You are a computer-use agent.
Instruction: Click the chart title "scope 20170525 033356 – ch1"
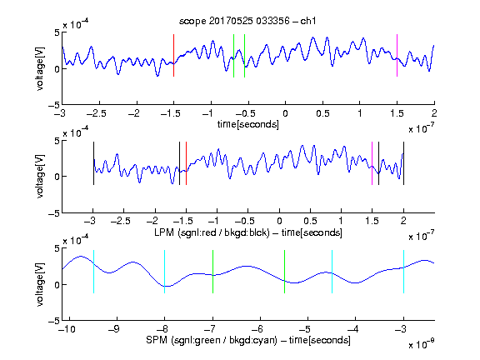pos(247,21)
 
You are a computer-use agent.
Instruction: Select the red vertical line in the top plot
pos(174,55)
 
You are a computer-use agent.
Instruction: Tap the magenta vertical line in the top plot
pos(397,55)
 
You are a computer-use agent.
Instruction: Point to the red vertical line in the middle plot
pos(186,163)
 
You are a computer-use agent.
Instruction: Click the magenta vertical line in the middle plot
pos(372,163)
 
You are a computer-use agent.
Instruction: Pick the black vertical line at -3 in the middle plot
pos(93,163)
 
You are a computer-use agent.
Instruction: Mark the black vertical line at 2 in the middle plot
pos(403,163)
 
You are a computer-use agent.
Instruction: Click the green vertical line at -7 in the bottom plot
pos(212,272)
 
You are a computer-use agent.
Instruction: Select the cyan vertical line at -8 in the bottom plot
pos(165,272)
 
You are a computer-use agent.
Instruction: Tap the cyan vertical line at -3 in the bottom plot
pos(403,272)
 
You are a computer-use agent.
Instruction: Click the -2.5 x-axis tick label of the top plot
pos(97,113)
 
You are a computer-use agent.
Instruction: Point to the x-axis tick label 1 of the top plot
pos(360,113)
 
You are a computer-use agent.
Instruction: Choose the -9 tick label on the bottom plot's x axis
pos(114,329)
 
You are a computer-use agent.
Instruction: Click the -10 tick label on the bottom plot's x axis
pos(67,329)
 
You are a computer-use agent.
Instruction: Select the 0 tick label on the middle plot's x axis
pos(279,221)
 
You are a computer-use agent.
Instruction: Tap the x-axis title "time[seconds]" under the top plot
pos(248,124)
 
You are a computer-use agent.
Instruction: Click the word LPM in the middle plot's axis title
pos(164,232)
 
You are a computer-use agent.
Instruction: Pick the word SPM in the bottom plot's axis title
pos(157,340)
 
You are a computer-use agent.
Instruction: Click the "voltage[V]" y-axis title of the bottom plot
pos(40,284)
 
